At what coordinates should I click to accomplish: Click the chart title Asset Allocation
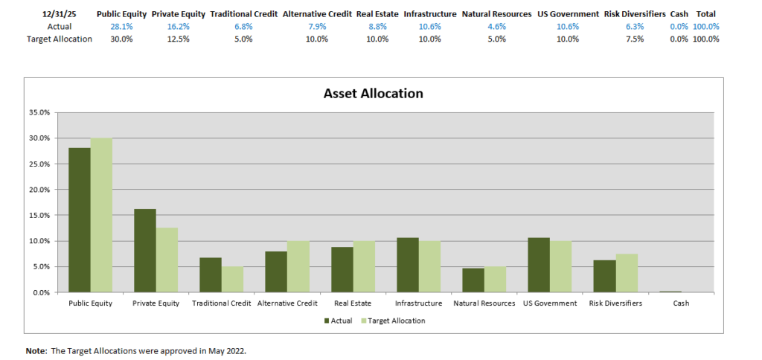(373, 94)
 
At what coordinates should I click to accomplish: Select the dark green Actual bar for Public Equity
(80, 220)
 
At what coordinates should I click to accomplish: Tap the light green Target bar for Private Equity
(167, 260)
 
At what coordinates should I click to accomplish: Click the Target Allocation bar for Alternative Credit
(298, 266)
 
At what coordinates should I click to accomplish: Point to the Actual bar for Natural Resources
(473, 280)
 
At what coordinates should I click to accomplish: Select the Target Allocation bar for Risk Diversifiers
(627, 273)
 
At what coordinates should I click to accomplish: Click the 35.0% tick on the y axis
(39, 112)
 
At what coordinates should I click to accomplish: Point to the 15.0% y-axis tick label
(39, 215)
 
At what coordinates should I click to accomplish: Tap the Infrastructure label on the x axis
(418, 303)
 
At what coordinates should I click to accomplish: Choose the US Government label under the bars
(550, 303)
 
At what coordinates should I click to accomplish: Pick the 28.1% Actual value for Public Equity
(121, 27)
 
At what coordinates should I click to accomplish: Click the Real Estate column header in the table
(377, 14)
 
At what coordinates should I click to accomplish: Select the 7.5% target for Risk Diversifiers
(635, 39)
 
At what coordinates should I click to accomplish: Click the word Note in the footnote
(35, 350)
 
